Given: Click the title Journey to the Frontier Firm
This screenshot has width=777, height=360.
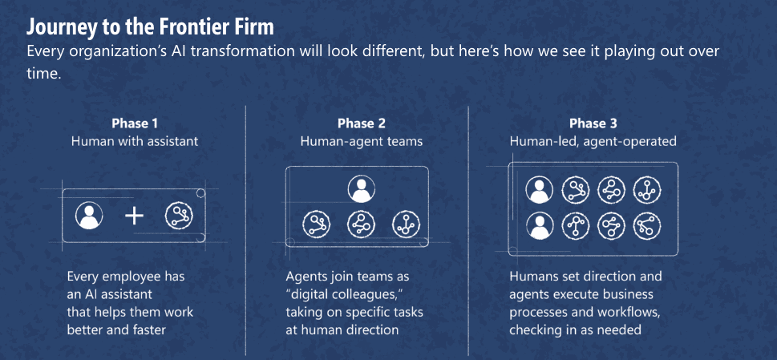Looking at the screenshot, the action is click(150, 27).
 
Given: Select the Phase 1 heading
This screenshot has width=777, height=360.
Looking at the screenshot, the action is click(135, 123).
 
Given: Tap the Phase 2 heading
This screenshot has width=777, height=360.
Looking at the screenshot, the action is click(362, 123).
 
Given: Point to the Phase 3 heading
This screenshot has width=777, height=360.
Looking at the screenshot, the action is click(593, 123).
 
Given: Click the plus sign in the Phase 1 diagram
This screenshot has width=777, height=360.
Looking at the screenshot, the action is click(134, 216).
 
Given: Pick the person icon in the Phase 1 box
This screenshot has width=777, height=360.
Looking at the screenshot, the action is click(89, 216).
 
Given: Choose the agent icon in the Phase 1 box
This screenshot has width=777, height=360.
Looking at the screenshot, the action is click(179, 216).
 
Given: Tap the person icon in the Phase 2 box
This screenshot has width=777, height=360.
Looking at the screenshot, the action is click(362, 188).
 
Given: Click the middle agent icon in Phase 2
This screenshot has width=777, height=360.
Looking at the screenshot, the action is click(362, 224).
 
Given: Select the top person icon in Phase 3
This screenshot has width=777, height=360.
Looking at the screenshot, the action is click(540, 190).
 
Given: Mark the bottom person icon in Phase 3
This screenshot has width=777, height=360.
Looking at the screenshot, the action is click(540, 226).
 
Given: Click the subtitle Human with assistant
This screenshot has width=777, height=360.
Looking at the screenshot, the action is click(135, 141).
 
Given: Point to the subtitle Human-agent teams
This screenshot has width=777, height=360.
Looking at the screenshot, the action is click(362, 141).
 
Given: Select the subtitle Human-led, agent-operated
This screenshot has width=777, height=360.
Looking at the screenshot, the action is click(593, 142).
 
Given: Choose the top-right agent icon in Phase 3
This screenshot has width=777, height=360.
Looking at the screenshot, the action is click(647, 190).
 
